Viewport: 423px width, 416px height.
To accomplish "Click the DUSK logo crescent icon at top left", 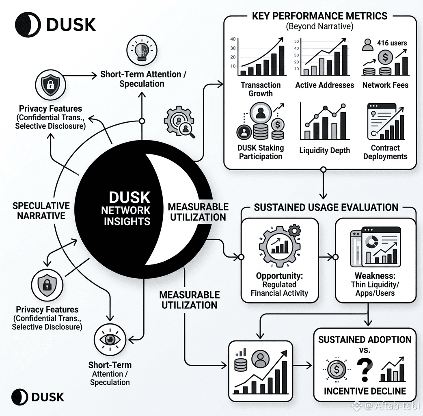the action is coord(28,24).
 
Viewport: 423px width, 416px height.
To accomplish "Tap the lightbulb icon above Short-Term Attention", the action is coord(142,50).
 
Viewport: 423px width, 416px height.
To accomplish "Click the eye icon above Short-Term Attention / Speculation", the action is coord(110,339).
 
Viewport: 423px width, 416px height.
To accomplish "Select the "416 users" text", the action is coord(392,43).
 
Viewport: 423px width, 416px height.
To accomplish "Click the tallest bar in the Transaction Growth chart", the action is coord(281,61).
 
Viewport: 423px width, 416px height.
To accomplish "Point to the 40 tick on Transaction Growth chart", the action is coord(233,39).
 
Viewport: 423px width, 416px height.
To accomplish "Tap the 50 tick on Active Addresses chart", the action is coord(296,41).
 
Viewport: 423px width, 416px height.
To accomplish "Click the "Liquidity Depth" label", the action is coord(324,150).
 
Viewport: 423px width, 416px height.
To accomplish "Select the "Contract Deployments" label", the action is coord(385,152).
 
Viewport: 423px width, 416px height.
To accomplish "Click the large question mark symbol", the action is coord(365,370).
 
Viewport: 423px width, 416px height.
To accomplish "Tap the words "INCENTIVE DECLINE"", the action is coord(365,391).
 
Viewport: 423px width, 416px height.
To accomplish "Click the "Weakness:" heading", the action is coord(375,275).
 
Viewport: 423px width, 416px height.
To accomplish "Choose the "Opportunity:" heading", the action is coord(279,275).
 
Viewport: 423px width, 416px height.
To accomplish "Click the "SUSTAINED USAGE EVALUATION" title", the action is coord(326,207).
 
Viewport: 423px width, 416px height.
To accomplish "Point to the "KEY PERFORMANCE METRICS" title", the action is coord(319,16).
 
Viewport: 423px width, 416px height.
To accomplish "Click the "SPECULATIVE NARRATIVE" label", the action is coord(41,210).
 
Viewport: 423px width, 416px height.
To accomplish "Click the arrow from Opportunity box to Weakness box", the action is coord(327,257).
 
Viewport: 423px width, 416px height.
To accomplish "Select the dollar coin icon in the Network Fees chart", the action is coord(385,57).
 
